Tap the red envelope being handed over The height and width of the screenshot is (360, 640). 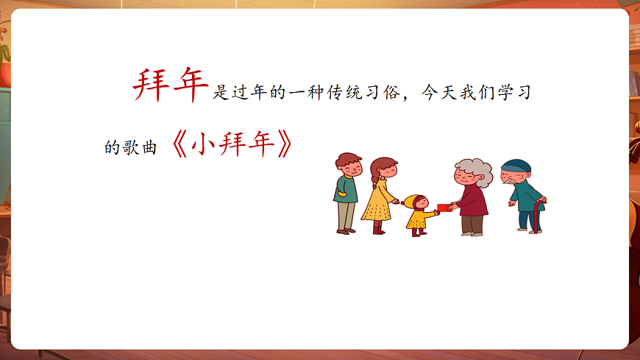(444, 208)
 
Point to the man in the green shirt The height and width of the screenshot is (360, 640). (346, 194)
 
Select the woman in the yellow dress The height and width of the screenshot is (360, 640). (380, 196)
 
